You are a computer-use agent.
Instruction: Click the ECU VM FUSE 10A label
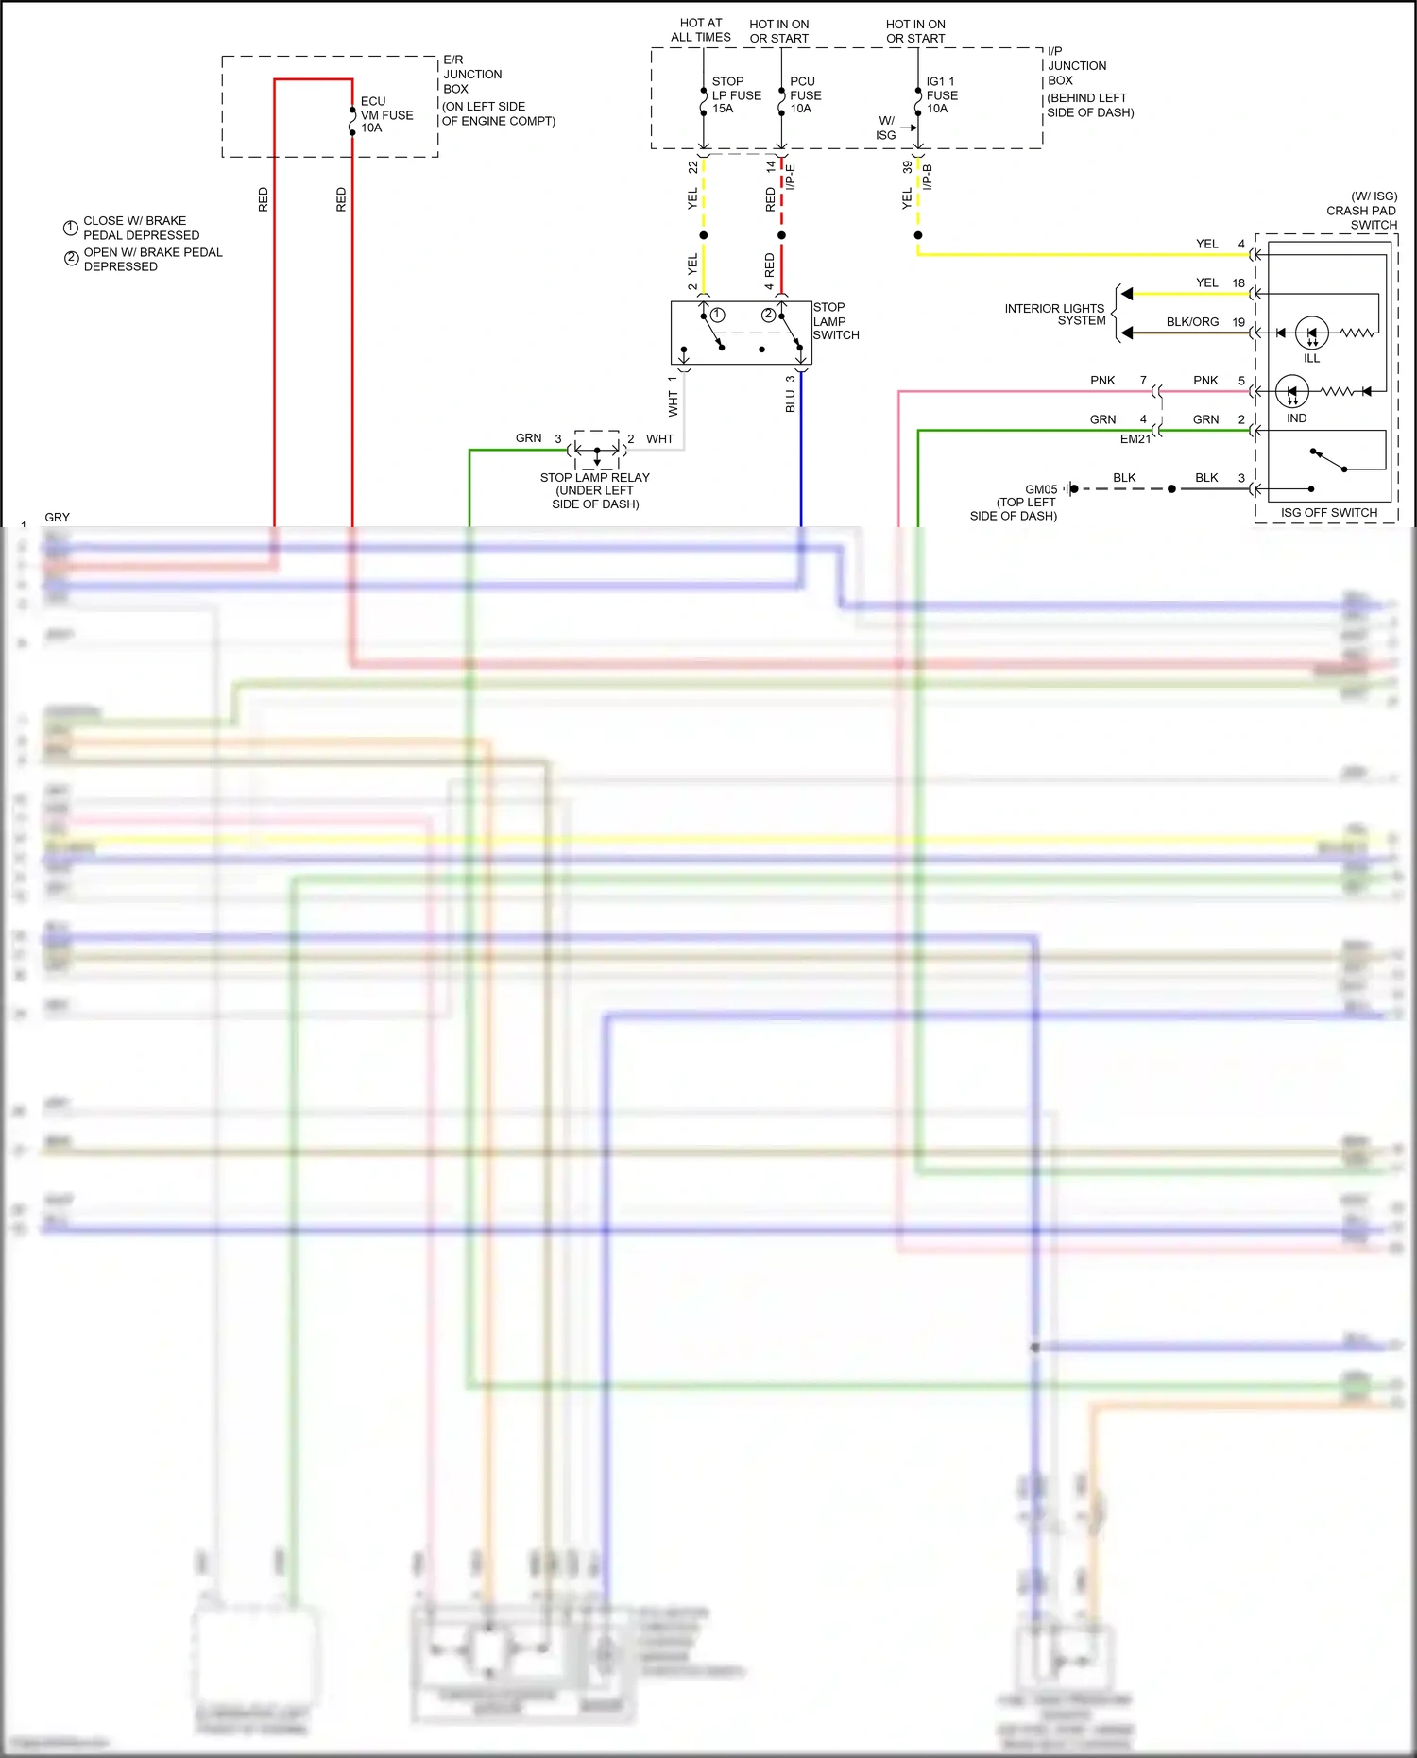[386, 114]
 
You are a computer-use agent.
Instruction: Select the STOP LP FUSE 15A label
[736, 94]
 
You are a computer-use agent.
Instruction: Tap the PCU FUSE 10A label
[805, 94]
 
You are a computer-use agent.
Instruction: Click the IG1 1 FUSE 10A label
[941, 94]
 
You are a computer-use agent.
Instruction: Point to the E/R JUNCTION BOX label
[472, 74]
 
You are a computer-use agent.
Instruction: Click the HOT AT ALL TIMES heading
[701, 30]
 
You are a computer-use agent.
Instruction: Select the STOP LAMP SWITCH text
[835, 321]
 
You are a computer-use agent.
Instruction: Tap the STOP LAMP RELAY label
[595, 477]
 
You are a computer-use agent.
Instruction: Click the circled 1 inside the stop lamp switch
[718, 315]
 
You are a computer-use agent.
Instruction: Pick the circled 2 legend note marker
[71, 258]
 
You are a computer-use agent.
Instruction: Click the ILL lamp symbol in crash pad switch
[1311, 333]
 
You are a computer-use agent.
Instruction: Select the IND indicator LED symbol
[1291, 391]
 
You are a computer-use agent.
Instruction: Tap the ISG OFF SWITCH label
[1328, 513]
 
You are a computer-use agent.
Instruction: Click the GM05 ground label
[1041, 489]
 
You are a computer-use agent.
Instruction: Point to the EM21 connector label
[1135, 439]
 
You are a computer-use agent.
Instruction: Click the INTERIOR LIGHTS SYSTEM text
[1054, 315]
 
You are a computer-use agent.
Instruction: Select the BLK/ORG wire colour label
[1192, 322]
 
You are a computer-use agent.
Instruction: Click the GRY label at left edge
[57, 518]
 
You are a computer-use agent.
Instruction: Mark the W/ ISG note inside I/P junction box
[886, 128]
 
